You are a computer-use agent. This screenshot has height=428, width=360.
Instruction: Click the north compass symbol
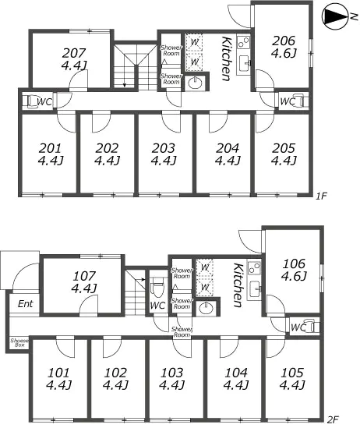(334, 16)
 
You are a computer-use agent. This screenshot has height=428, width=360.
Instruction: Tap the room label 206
(284, 41)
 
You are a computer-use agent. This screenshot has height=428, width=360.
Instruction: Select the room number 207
(74, 53)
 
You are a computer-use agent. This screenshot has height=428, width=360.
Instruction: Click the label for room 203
(164, 148)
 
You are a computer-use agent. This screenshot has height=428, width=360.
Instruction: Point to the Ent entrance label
(26, 303)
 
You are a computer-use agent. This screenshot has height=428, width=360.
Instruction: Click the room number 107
(84, 276)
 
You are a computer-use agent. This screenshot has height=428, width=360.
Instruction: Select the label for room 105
(292, 373)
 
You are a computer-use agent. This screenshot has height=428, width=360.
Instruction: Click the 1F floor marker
(321, 196)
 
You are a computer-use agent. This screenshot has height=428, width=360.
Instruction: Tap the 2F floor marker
(333, 419)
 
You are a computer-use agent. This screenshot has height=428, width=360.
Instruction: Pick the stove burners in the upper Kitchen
(243, 42)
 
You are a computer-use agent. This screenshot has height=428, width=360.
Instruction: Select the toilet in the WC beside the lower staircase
(157, 287)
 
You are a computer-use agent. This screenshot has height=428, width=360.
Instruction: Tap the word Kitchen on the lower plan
(238, 285)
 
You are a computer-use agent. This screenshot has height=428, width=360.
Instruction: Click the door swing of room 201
(66, 123)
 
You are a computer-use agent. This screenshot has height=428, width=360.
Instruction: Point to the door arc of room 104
(229, 348)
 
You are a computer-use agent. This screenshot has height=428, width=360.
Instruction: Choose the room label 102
(115, 373)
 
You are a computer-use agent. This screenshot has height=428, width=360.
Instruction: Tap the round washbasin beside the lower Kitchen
(206, 309)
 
